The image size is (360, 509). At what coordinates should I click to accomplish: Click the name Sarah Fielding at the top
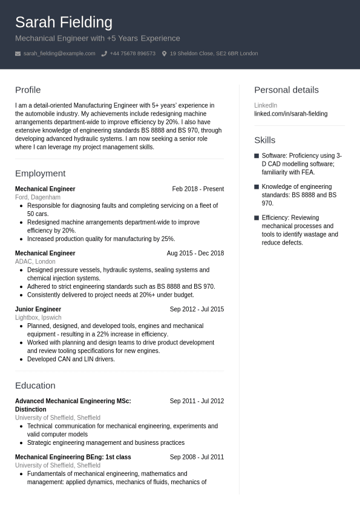pyautogui.click(x=64, y=22)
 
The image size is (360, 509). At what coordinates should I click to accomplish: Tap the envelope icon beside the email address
pyautogui.click(x=18, y=54)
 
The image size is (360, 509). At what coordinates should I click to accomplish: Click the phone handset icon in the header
pyautogui.click(x=104, y=54)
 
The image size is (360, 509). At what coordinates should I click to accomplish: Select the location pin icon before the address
pyautogui.click(x=164, y=54)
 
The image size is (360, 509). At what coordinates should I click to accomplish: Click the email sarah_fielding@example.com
pyautogui.click(x=59, y=54)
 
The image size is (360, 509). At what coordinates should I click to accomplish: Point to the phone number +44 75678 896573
pyautogui.click(x=133, y=54)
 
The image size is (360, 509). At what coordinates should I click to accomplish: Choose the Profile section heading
pyautogui.click(x=28, y=90)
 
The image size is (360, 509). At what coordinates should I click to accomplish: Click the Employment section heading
pyautogui.click(x=40, y=174)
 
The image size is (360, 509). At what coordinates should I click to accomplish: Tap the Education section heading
pyautogui.click(x=35, y=386)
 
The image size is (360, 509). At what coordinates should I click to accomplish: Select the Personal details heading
pyautogui.click(x=286, y=90)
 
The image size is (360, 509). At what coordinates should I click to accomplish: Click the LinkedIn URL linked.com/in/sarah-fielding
pyautogui.click(x=290, y=114)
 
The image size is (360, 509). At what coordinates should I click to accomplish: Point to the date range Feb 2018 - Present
pyautogui.click(x=198, y=189)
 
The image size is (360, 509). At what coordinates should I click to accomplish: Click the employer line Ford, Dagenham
pyautogui.click(x=38, y=197)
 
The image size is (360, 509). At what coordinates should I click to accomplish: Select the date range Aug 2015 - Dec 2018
pyautogui.click(x=195, y=254)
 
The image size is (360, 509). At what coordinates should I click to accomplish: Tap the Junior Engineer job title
pyautogui.click(x=38, y=309)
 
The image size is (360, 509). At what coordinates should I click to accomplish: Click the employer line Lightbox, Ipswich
pyautogui.click(x=38, y=318)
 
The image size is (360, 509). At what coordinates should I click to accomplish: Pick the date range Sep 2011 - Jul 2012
pyautogui.click(x=197, y=401)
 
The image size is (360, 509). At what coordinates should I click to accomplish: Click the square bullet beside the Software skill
pyautogui.click(x=257, y=156)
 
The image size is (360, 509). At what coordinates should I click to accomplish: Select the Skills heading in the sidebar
pyautogui.click(x=264, y=140)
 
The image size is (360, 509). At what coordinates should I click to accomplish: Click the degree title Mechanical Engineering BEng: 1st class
pyautogui.click(x=73, y=458)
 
